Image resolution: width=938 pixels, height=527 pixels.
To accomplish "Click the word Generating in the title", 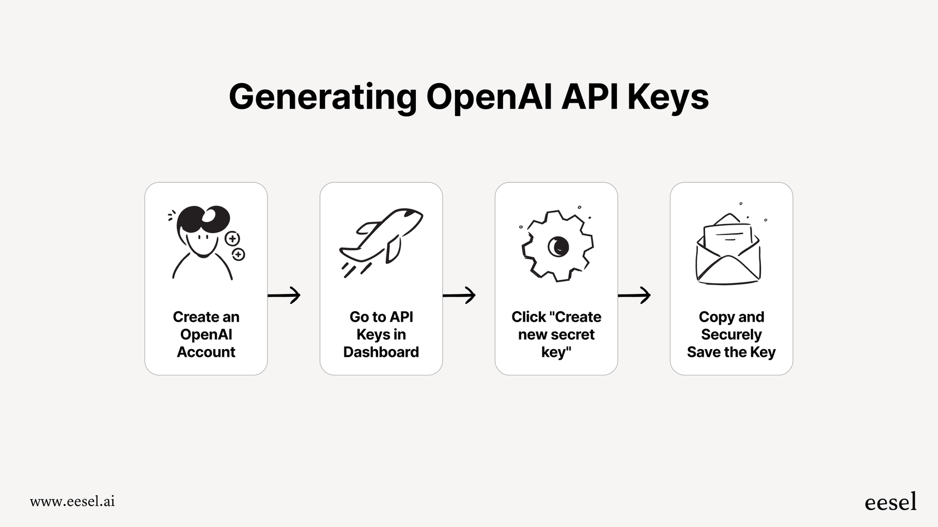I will tap(323, 97).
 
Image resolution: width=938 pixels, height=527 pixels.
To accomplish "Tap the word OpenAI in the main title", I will tap(489, 97).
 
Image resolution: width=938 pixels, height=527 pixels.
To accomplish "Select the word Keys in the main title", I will tap(668, 97).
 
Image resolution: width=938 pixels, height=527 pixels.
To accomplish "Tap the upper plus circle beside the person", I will tap(232, 239).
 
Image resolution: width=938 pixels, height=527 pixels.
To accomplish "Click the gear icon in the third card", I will tap(557, 246).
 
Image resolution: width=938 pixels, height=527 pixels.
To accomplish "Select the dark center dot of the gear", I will tap(558, 246).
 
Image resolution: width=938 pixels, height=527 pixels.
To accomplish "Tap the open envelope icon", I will tap(728, 251).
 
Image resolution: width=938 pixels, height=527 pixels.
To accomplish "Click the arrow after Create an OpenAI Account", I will tap(284, 294).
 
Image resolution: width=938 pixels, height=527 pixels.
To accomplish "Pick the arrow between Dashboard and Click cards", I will tap(459, 294).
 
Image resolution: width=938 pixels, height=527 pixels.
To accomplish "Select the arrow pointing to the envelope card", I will tap(634, 294).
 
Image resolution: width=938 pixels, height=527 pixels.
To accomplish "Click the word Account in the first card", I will tap(206, 352).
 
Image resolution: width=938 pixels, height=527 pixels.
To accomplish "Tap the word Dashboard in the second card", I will tap(381, 352).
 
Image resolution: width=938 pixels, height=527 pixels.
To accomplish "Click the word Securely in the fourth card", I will tap(731, 335).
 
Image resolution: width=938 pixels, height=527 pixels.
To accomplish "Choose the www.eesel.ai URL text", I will tap(73, 501).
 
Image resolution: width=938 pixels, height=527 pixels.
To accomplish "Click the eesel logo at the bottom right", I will tap(890, 501).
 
